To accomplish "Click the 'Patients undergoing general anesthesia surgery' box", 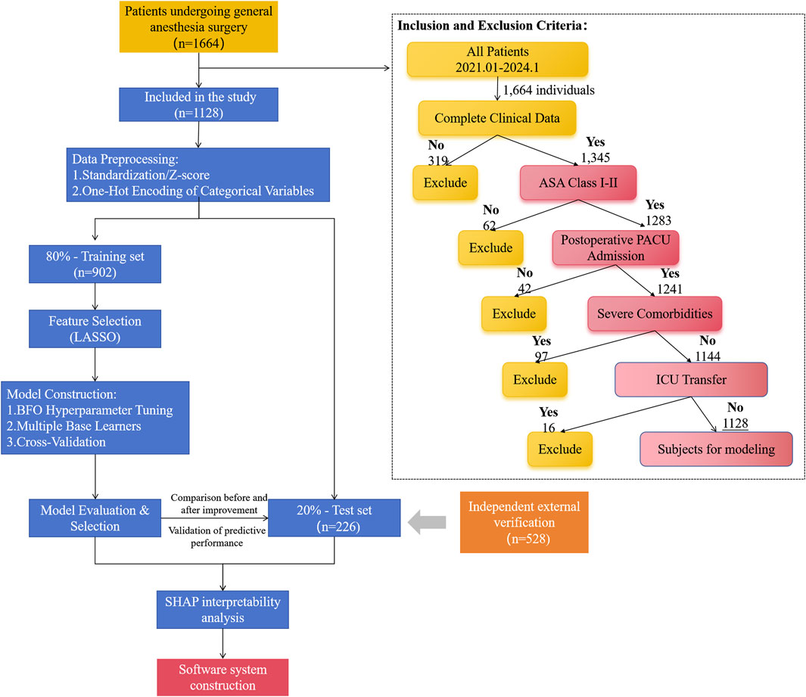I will [198, 26].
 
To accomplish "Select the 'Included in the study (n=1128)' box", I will [198, 103].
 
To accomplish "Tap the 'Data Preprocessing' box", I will [199, 175].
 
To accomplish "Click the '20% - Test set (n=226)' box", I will [334, 517].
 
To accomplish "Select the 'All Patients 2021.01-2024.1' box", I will [497, 59].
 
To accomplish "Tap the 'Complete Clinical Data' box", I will [496, 117].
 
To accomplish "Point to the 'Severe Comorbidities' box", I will [654, 312].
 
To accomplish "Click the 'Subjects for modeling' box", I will [716, 449].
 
